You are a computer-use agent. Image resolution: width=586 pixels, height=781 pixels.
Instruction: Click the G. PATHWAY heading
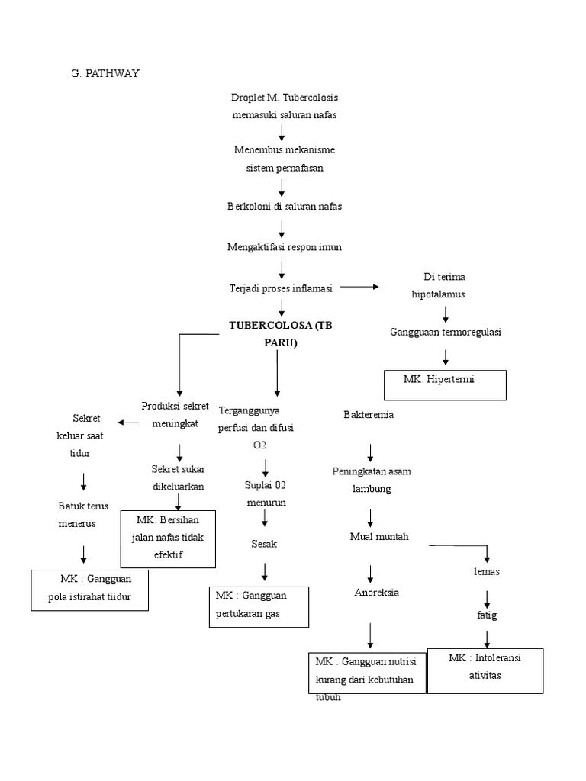click(106, 73)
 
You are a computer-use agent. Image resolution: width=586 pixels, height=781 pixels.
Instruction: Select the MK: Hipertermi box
click(445, 384)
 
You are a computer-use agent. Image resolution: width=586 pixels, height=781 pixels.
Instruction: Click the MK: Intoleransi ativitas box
click(485, 670)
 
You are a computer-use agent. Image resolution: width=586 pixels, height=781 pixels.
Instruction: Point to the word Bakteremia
click(369, 414)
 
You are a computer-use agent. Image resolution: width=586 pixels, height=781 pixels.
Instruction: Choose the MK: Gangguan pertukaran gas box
click(259, 606)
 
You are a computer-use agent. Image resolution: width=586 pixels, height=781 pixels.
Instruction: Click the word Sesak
click(264, 544)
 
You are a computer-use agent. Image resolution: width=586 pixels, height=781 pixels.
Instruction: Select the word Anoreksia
click(377, 592)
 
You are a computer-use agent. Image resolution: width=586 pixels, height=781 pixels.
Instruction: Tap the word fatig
click(487, 614)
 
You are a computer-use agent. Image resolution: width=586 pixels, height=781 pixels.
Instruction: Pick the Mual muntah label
click(379, 536)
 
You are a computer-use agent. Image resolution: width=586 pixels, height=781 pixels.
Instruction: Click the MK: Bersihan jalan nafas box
click(169, 537)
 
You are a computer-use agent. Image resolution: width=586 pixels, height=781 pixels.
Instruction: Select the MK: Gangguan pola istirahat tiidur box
click(89, 590)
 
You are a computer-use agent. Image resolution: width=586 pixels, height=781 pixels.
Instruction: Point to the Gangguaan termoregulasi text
click(445, 333)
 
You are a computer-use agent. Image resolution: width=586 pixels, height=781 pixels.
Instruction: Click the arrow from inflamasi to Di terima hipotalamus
click(359, 287)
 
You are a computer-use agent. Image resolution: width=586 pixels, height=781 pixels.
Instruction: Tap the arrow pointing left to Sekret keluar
click(127, 423)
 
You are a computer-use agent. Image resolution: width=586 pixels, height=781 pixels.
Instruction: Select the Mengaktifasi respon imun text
click(284, 247)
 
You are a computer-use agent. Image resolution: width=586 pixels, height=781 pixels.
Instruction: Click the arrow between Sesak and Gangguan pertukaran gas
click(266, 571)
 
